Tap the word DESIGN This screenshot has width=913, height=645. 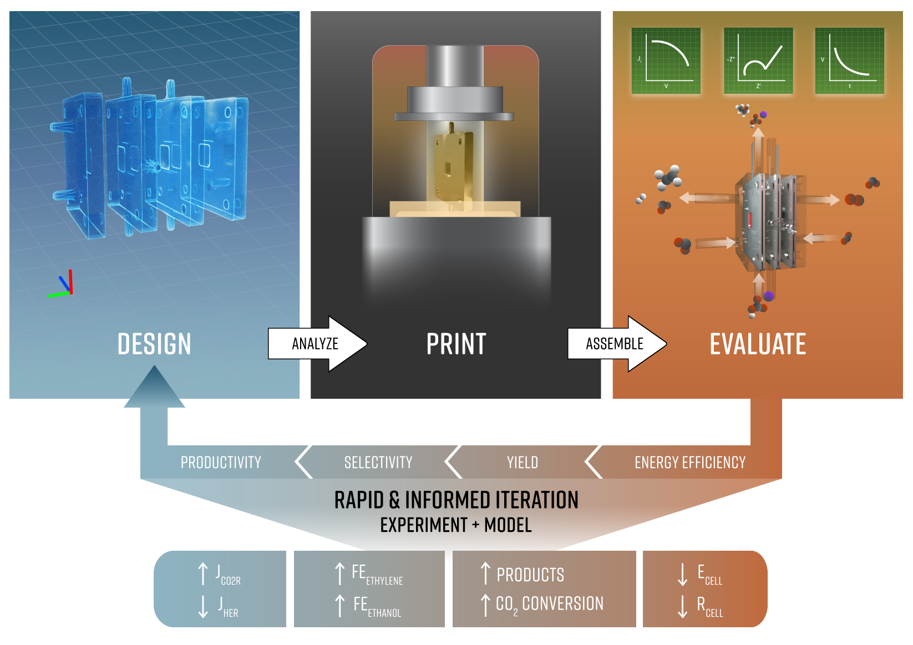[154, 344]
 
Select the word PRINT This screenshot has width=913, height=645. [456, 344]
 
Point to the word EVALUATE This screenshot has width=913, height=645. [758, 344]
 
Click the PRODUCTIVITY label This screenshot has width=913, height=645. [221, 463]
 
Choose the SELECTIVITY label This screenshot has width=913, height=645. [378, 463]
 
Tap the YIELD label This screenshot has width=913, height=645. [523, 463]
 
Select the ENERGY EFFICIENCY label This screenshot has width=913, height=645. [690, 463]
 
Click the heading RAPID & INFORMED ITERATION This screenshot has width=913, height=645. [456, 500]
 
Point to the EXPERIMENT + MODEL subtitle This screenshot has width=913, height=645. [456, 525]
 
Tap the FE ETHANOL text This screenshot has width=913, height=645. [377, 606]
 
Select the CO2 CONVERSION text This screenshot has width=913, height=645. [549, 604]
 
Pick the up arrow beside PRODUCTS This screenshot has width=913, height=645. [485, 573]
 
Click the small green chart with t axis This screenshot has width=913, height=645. [849, 60]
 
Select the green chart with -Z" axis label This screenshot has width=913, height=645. [758, 60]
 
